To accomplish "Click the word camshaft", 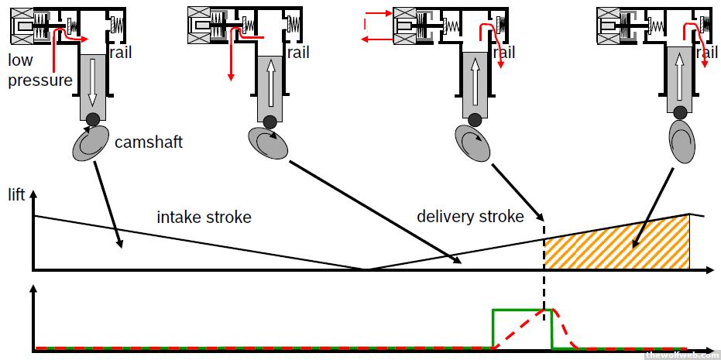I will coord(149,142).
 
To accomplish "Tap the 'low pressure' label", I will coord(40,70).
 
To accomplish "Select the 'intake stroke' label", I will coord(204,217).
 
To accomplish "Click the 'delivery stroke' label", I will coord(470,216).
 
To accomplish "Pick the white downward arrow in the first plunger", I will coord(92,81).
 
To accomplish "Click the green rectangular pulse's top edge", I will coord(522,310).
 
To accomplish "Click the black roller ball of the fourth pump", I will coord(681,113).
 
